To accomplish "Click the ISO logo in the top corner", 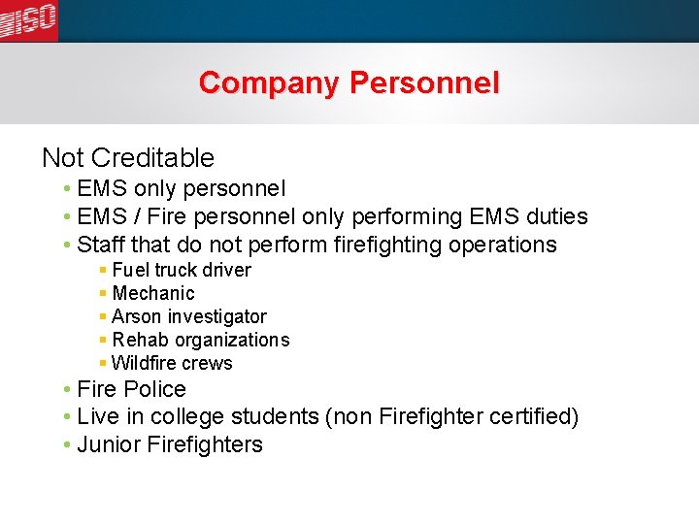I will (x=29, y=19).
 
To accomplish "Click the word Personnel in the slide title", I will (x=425, y=83).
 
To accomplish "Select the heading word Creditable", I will (x=154, y=157).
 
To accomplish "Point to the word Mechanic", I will (x=153, y=293).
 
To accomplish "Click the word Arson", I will (x=137, y=316).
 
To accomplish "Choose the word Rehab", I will (x=139, y=340).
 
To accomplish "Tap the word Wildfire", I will (x=144, y=363).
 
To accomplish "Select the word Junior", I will (x=107, y=444).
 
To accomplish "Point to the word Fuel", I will (x=130, y=270).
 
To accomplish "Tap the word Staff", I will (x=100, y=245).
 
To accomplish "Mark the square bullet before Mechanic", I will (x=103, y=293).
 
